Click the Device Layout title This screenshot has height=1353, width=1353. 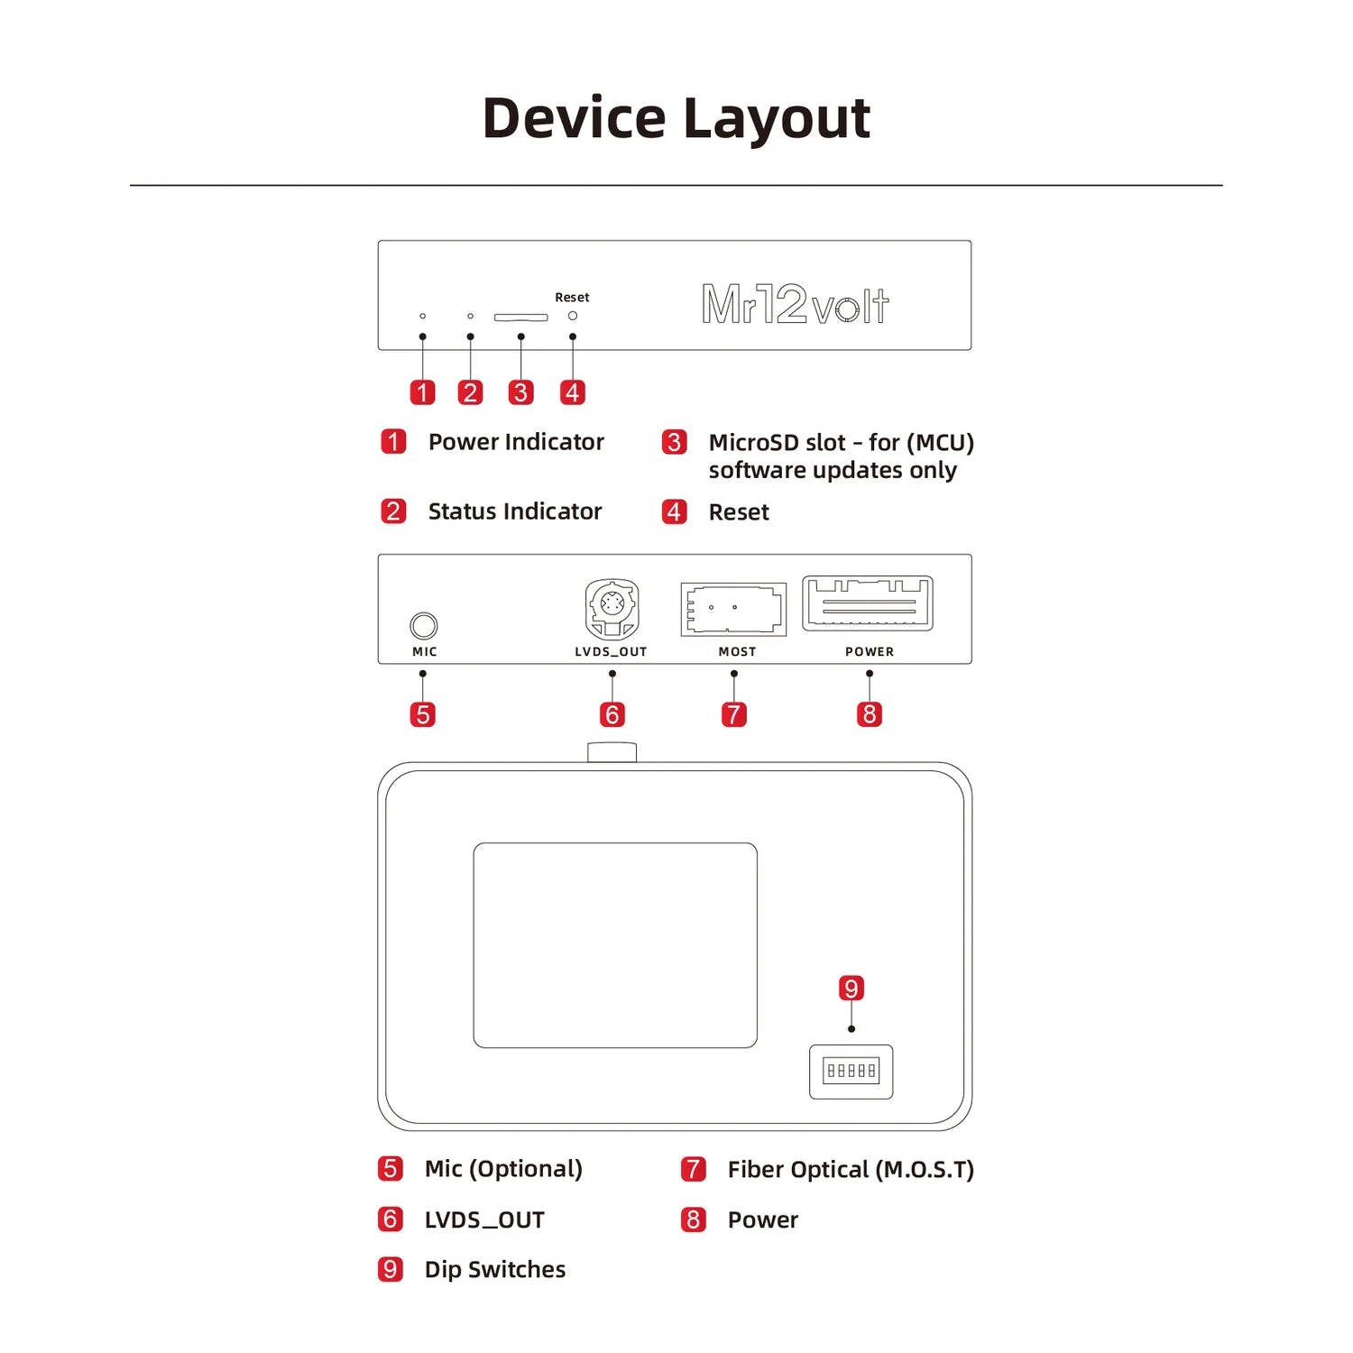tap(676, 118)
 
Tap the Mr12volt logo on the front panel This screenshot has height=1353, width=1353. tap(795, 304)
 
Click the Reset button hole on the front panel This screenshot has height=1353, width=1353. tap(572, 316)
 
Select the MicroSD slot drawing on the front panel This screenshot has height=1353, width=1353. tap(520, 318)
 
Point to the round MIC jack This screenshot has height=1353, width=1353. tap(423, 625)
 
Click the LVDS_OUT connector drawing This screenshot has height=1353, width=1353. tap(612, 609)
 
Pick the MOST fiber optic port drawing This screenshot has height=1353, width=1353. tap(733, 609)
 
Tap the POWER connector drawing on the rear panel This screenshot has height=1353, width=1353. tap(868, 603)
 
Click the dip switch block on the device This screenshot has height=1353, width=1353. tap(851, 1071)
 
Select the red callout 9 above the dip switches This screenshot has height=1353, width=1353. tap(851, 988)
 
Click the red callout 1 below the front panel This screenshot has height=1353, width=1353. tap(422, 392)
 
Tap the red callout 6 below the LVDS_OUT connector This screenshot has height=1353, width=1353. tap(612, 714)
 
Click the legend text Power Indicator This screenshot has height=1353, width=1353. tap(516, 442)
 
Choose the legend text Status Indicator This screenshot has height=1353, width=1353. tap(514, 511)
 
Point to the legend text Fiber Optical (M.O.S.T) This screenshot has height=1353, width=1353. tap(851, 1169)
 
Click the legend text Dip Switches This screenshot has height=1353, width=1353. tap(494, 1269)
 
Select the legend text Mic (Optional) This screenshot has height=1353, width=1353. tap(503, 1169)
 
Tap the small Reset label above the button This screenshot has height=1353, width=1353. tap(572, 297)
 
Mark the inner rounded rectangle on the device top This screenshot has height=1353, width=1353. tap(615, 944)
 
